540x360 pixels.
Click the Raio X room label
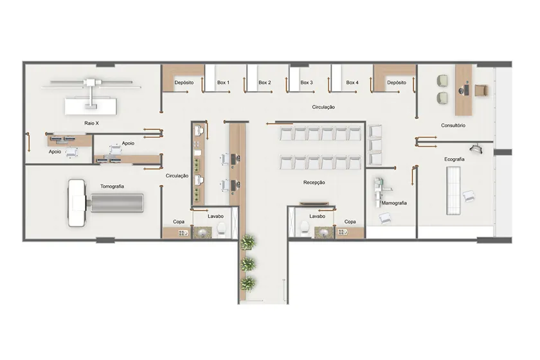91,123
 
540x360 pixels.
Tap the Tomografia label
112,186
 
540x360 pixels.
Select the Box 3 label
307,83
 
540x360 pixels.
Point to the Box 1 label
223,83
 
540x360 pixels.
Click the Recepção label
314,183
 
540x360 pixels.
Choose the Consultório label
453,125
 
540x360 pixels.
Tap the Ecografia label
455,159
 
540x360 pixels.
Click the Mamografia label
394,203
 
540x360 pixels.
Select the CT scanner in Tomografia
105,203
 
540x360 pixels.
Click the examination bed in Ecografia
453,190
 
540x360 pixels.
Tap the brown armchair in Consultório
482,90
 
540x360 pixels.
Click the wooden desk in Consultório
464,90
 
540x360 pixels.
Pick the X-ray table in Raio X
91,106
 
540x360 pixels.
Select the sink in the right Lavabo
324,233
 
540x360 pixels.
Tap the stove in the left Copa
183,233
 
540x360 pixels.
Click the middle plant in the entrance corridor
248,264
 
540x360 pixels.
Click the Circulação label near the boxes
323,107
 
